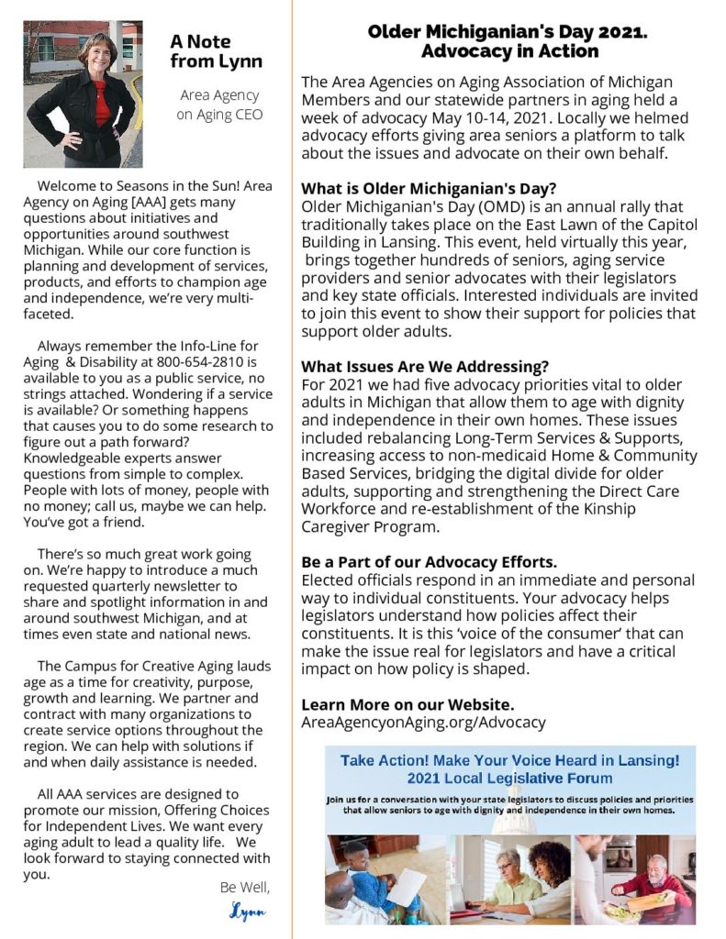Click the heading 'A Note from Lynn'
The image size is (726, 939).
pyautogui.click(x=216, y=51)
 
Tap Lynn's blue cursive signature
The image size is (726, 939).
pyautogui.click(x=247, y=912)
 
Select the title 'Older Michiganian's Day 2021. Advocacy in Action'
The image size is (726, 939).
pyautogui.click(x=508, y=41)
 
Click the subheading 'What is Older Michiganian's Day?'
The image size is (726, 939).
pyautogui.click(x=429, y=189)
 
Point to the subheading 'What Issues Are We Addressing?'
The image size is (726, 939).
pyautogui.click(x=425, y=366)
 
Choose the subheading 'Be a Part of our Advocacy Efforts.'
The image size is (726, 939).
pyautogui.click(x=429, y=561)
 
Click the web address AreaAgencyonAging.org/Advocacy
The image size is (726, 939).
pyautogui.click(x=423, y=722)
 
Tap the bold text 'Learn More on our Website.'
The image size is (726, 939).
pyautogui.click(x=408, y=704)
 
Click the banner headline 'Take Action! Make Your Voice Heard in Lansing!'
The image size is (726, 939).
pyautogui.click(x=509, y=760)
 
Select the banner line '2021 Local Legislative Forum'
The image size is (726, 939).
pyautogui.click(x=509, y=779)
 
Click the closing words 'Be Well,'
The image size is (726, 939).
pyautogui.click(x=245, y=888)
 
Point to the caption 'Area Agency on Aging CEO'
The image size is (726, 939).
pyautogui.click(x=219, y=105)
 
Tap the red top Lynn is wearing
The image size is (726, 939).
pyautogui.click(x=100, y=101)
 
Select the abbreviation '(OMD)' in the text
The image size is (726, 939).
pyautogui.click(x=497, y=207)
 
